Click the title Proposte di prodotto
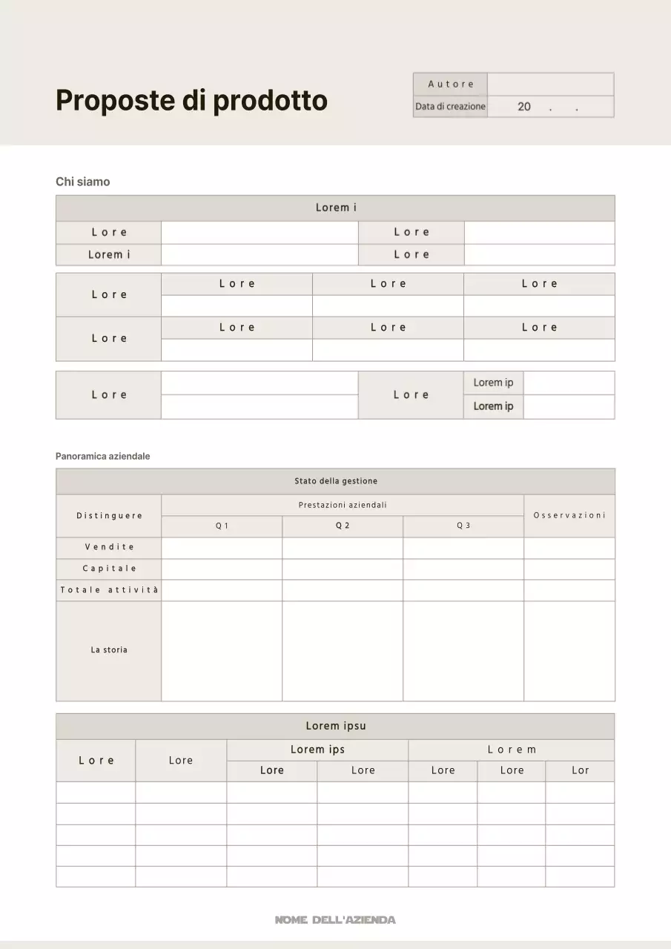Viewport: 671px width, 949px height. click(x=191, y=100)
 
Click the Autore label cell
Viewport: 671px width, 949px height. click(x=450, y=84)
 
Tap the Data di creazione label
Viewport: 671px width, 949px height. click(x=450, y=106)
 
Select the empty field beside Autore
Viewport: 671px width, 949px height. click(x=550, y=84)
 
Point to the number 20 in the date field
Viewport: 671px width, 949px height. click(x=524, y=107)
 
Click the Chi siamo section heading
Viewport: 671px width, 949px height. click(x=82, y=182)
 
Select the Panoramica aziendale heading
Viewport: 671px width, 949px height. click(x=102, y=456)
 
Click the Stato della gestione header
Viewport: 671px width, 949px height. click(x=335, y=481)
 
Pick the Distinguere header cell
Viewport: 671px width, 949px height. click(x=109, y=515)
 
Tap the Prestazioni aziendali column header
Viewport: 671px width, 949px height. click(x=343, y=505)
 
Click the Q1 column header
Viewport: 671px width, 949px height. click(x=222, y=526)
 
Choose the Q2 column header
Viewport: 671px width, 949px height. click(x=342, y=526)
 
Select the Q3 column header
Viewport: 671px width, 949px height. click(x=463, y=526)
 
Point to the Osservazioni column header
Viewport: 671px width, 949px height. click(x=569, y=515)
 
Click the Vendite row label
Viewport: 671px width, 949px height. click(x=109, y=547)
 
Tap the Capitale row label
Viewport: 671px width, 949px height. click(x=109, y=569)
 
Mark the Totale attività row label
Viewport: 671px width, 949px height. click(x=109, y=590)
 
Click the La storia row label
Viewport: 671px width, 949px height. click(x=109, y=650)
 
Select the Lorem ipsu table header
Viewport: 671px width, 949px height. click(x=335, y=726)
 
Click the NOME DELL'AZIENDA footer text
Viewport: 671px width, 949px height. click(x=335, y=919)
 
